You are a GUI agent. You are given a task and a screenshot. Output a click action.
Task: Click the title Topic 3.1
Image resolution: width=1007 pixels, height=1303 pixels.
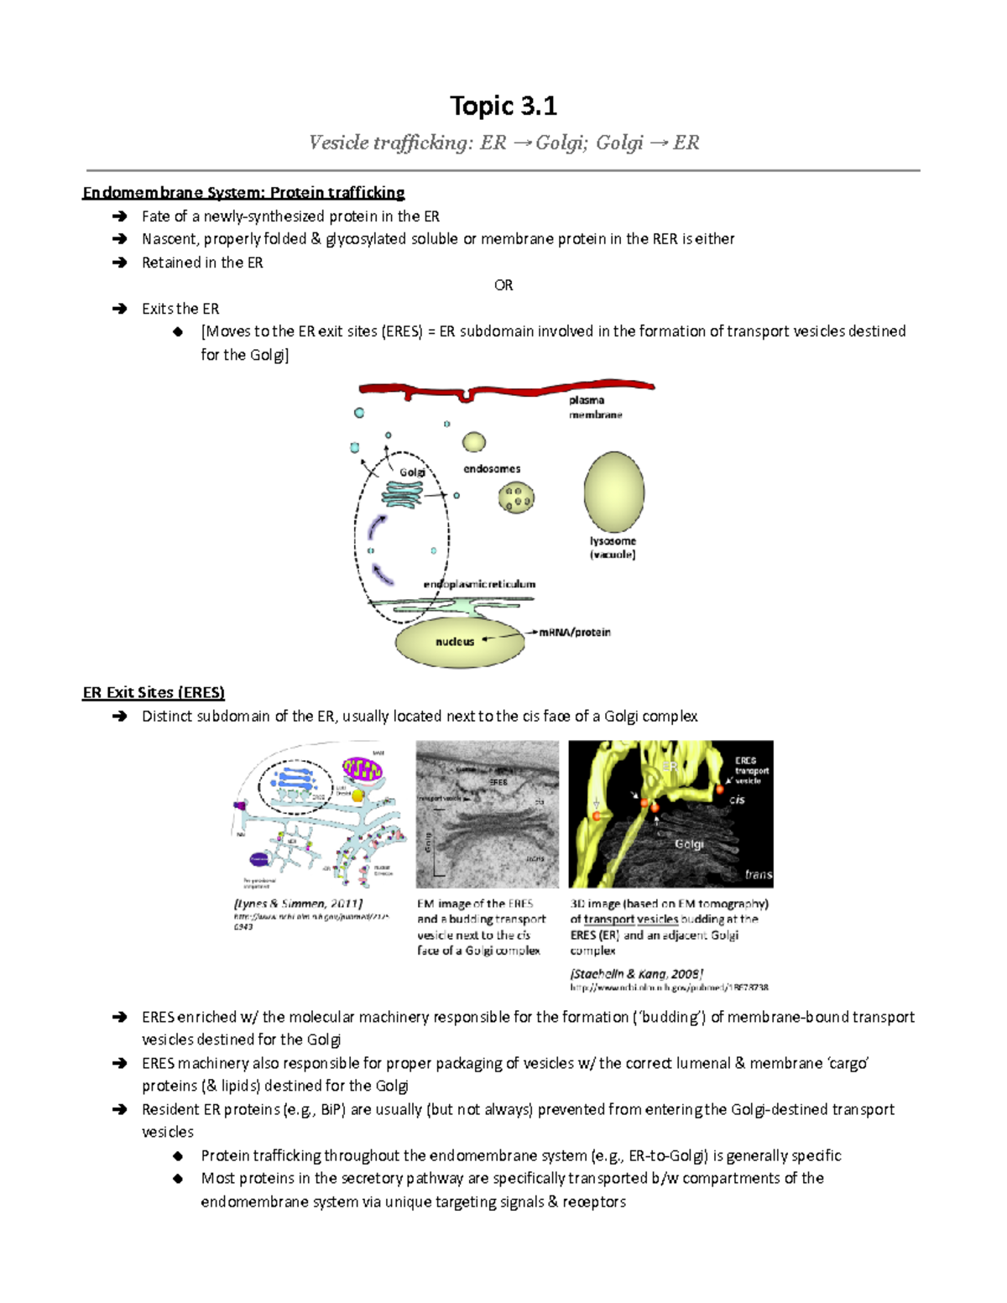click(503, 106)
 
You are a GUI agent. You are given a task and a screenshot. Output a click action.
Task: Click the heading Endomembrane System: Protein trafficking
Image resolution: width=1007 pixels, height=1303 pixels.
click(243, 193)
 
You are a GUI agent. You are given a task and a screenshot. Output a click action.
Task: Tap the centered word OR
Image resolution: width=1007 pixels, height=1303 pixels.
click(503, 285)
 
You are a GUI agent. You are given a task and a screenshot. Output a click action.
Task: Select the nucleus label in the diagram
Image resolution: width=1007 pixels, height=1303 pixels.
click(455, 642)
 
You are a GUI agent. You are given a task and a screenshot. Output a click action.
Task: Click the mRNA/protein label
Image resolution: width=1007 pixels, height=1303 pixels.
click(575, 633)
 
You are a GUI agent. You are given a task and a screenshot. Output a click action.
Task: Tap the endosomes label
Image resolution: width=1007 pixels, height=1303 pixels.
click(492, 469)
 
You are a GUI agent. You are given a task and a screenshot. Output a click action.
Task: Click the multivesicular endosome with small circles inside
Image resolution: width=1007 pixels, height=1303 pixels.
click(516, 498)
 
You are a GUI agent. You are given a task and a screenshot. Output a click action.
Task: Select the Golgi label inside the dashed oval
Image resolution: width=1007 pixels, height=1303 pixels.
click(411, 472)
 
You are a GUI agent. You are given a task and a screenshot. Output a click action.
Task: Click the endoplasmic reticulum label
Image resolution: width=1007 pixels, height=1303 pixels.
click(479, 584)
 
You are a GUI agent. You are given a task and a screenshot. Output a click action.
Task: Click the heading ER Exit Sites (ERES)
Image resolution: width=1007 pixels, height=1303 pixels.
click(154, 693)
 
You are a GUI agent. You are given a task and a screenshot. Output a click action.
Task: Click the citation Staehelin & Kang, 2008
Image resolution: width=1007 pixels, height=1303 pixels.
click(636, 974)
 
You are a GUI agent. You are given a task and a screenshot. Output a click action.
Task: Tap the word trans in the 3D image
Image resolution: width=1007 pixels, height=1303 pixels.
click(758, 874)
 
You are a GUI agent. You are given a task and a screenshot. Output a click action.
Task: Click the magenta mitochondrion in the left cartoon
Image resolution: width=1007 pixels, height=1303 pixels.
click(363, 769)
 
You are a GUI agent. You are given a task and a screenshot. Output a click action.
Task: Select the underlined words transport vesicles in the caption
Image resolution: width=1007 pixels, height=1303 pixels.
click(631, 920)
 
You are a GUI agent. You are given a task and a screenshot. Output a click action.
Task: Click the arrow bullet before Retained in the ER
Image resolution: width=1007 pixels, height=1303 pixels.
click(120, 263)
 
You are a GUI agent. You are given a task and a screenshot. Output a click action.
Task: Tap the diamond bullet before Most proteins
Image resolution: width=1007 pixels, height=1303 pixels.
click(178, 1179)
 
